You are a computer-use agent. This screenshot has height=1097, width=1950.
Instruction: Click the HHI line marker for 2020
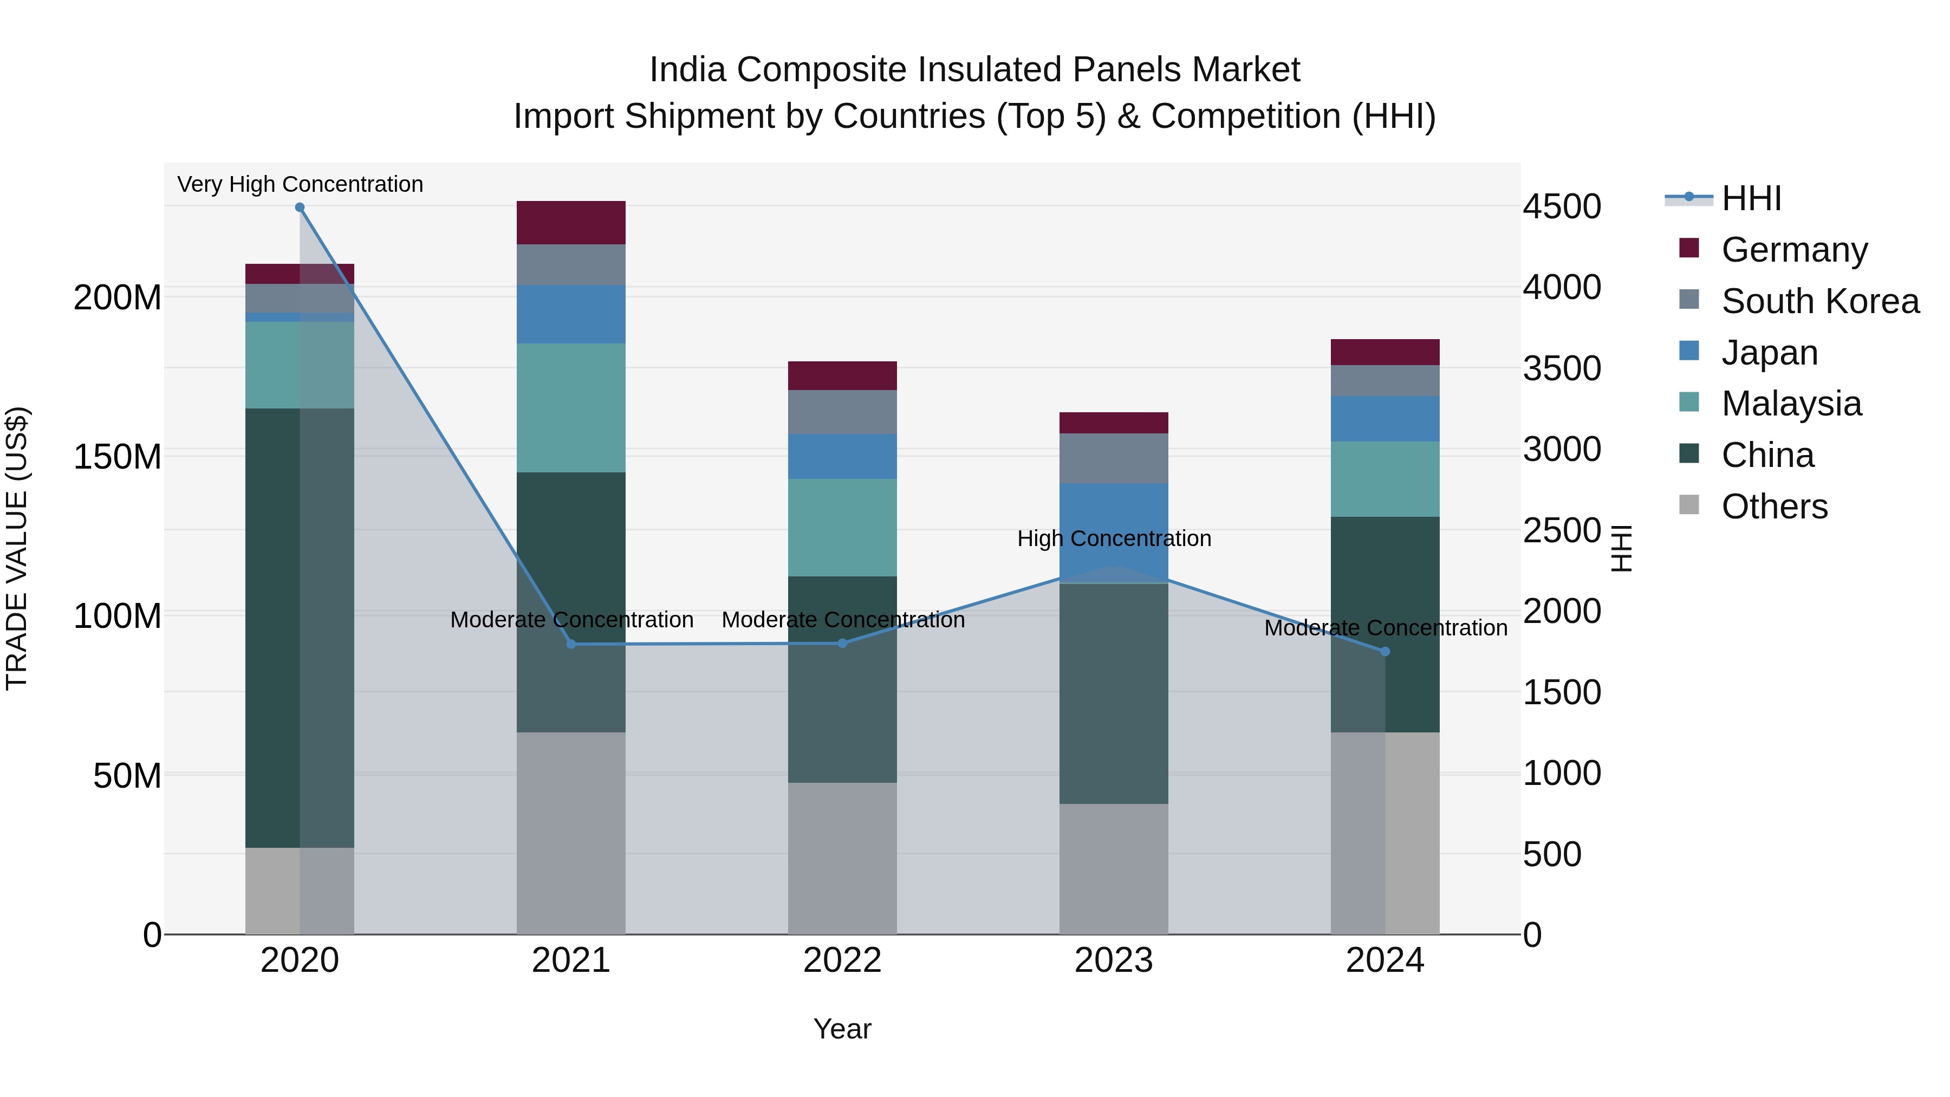click(300, 207)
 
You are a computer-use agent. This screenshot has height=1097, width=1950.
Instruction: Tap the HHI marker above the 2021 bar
click(571, 644)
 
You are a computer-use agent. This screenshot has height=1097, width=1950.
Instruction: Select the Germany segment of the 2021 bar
click(571, 223)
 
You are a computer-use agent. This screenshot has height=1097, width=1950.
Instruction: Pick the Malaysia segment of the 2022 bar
click(842, 528)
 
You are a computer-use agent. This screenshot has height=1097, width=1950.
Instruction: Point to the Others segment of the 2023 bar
click(1114, 868)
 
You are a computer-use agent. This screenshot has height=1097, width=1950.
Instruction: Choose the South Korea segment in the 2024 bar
click(1385, 381)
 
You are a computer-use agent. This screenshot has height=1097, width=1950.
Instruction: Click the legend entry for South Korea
click(1820, 301)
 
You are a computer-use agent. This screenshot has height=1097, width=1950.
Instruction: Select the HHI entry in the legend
click(1751, 198)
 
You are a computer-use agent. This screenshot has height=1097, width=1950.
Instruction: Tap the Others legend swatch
click(1689, 505)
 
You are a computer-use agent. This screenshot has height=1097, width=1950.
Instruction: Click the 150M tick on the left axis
click(118, 457)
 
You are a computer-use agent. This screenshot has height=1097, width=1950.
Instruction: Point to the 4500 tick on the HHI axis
click(1562, 207)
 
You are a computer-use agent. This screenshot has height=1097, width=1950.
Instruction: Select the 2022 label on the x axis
click(842, 960)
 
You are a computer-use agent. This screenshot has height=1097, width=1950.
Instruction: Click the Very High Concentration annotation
click(300, 184)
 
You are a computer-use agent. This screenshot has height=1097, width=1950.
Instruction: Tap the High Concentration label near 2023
click(1114, 538)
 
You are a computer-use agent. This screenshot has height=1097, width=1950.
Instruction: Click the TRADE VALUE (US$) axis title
click(17, 548)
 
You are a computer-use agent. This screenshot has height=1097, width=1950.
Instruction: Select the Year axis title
click(842, 1029)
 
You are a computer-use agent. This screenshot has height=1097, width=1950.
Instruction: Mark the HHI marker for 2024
click(1385, 651)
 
